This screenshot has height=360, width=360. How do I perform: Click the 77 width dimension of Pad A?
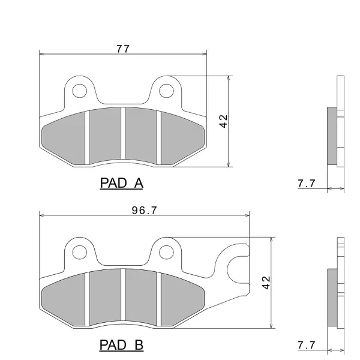123,49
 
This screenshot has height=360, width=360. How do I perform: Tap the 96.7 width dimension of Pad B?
145,211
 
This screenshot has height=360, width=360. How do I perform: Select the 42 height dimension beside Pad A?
223,121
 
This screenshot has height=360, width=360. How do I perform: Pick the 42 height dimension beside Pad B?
266,283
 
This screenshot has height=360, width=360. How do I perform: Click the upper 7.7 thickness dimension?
307,184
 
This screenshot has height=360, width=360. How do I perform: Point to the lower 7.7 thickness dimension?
307,345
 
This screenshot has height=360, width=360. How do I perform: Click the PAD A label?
122,183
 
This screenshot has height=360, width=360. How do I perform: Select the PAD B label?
121,344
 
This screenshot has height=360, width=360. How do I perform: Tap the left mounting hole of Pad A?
80,91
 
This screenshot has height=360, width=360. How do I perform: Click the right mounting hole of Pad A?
166,91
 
